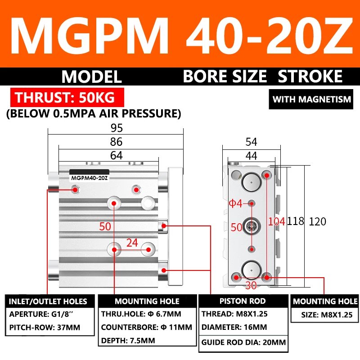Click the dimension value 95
[x=116, y=128]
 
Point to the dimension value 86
[x=116, y=142]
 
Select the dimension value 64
[x=116, y=155]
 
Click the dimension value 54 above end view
[x=251, y=142]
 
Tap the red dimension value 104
[x=276, y=221]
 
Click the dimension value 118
[x=296, y=221]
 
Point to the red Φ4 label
[x=236, y=203]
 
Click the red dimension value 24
[x=132, y=243]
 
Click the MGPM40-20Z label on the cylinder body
[x=89, y=178]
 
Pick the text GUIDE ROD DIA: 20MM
[x=243, y=342]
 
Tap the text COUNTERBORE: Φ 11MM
[x=147, y=327]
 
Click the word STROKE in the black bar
[x=310, y=76]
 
